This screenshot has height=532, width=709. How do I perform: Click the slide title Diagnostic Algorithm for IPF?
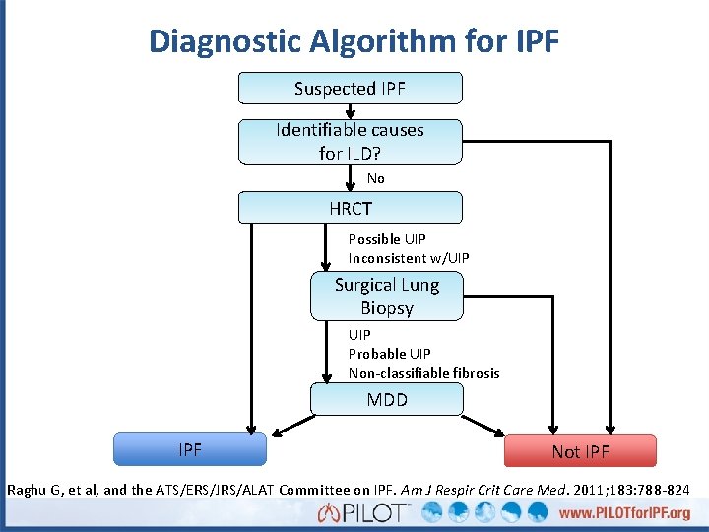(354, 41)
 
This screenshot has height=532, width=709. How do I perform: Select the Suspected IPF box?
(350, 89)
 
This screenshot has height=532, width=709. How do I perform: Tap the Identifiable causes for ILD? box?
(350, 141)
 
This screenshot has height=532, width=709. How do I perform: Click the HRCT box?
(350, 208)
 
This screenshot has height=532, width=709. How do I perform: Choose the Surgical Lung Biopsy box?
(386, 297)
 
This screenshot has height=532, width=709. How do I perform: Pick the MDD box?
(386, 400)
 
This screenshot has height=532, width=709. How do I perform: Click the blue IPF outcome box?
(190, 450)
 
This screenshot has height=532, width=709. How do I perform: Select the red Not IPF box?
(580, 451)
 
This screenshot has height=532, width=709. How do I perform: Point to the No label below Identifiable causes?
(376, 178)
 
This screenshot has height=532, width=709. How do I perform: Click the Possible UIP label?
(388, 239)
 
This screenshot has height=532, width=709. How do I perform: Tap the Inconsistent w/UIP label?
(409, 258)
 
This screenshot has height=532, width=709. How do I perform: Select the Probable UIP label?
(389, 354)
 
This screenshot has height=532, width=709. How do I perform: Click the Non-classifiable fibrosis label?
(423, 373)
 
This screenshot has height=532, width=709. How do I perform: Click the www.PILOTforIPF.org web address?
(624, 514)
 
